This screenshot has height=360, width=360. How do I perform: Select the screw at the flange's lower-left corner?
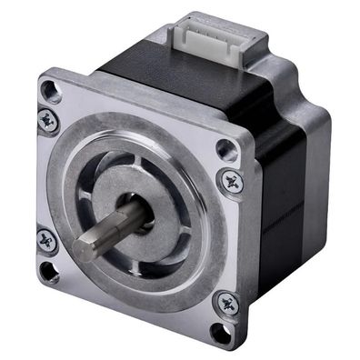tap(46, 240)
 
